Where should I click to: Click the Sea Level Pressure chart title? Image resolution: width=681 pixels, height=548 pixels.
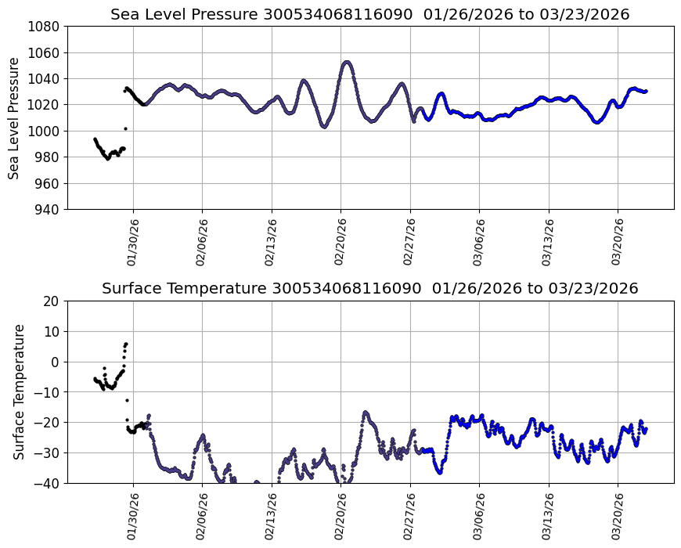[x=369, y=15]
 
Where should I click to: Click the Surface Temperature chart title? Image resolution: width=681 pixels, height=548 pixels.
[x=369, y=289]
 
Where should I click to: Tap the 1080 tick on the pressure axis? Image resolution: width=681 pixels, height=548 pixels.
[x=45, y=27]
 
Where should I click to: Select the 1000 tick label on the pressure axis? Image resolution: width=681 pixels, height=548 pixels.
[x=45, y=131]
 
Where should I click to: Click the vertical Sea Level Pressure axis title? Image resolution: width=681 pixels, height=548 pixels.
[x=15, y=117]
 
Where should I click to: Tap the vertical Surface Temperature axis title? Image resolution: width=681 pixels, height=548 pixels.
[x=20, y=391]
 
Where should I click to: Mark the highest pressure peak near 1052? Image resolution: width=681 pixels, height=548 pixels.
[x=347, y=63]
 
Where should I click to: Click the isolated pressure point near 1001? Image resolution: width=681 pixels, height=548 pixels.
[x=125, y=128]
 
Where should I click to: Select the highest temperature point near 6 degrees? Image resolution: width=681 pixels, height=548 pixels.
[x=126, y=344]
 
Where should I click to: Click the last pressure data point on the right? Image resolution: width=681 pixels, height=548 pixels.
[x=646, y=91]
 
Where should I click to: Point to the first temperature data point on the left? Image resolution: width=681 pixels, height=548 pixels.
[x=95, y=379]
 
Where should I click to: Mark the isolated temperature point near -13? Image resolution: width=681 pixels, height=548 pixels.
[x=127, y=400]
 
